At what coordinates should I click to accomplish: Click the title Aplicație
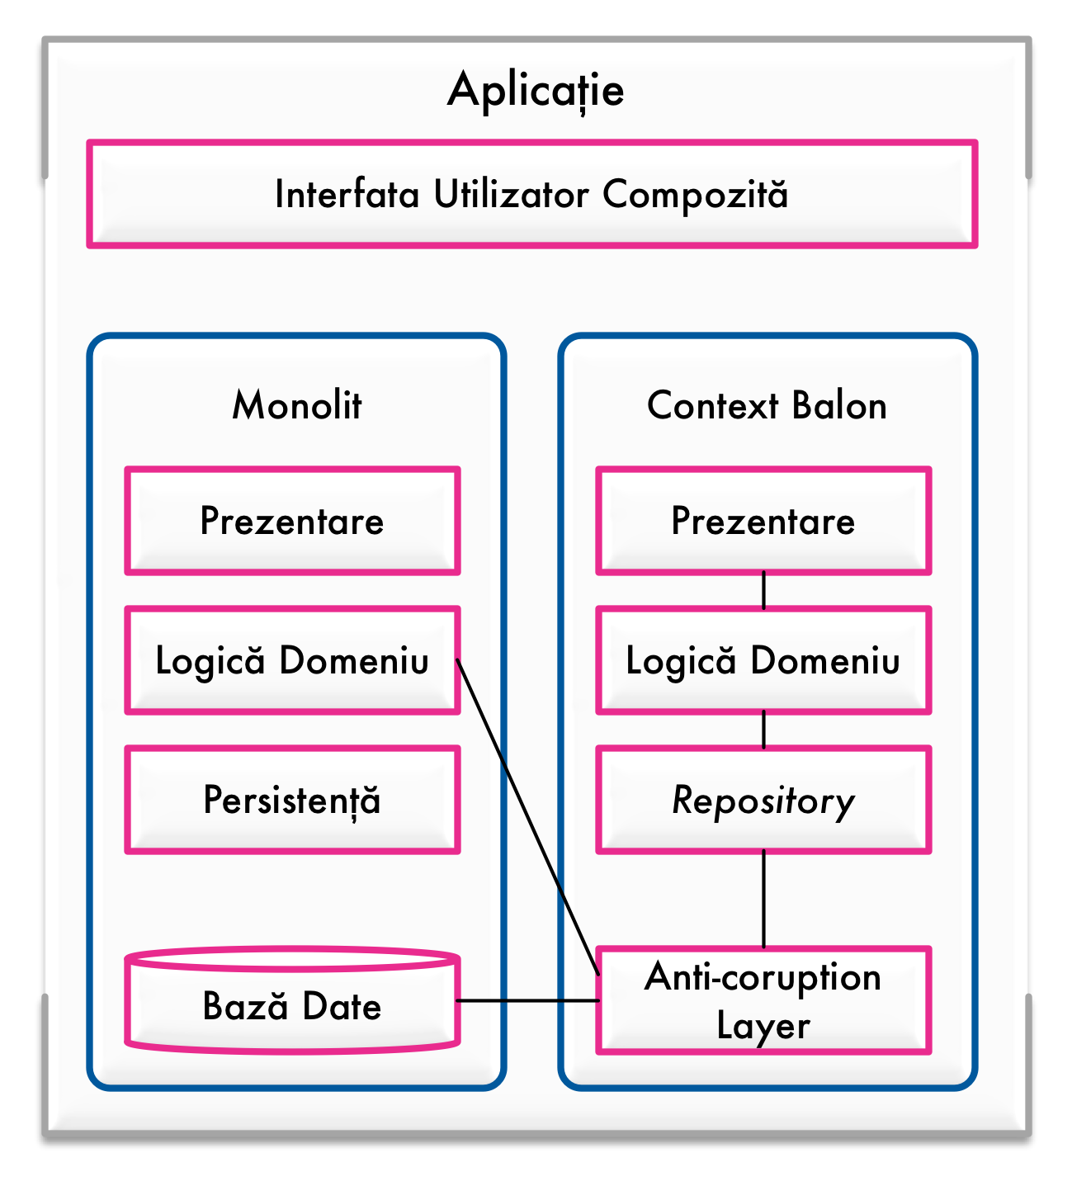click(536, 90)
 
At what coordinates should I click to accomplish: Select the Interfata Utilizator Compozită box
click(531, 195)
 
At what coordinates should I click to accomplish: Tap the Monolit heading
click(296, 405)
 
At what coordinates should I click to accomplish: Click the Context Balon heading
click(767, 405)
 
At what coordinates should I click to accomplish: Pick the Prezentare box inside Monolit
click(292, 521)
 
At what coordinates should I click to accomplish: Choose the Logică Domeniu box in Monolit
click(292, 660)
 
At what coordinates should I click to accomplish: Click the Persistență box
click(292, 800)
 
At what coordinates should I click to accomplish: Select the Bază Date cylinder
click(292, 1006)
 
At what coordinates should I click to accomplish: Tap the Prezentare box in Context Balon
click(763, 521)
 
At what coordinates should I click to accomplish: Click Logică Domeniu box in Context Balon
click(763, 660)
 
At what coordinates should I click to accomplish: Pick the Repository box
click(763, 800)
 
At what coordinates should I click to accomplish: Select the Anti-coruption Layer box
click(763, 1000)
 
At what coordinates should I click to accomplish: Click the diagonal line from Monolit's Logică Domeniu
click(527, 816)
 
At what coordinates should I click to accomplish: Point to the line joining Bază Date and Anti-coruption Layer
click(528, 1000)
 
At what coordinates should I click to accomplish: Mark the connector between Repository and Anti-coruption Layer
click(763, 900)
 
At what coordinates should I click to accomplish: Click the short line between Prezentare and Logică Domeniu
click(763, 591)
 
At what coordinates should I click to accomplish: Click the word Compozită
click(695, 195)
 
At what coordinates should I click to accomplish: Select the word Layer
click(763, 1026)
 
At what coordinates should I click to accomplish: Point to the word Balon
click(838, 405)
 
